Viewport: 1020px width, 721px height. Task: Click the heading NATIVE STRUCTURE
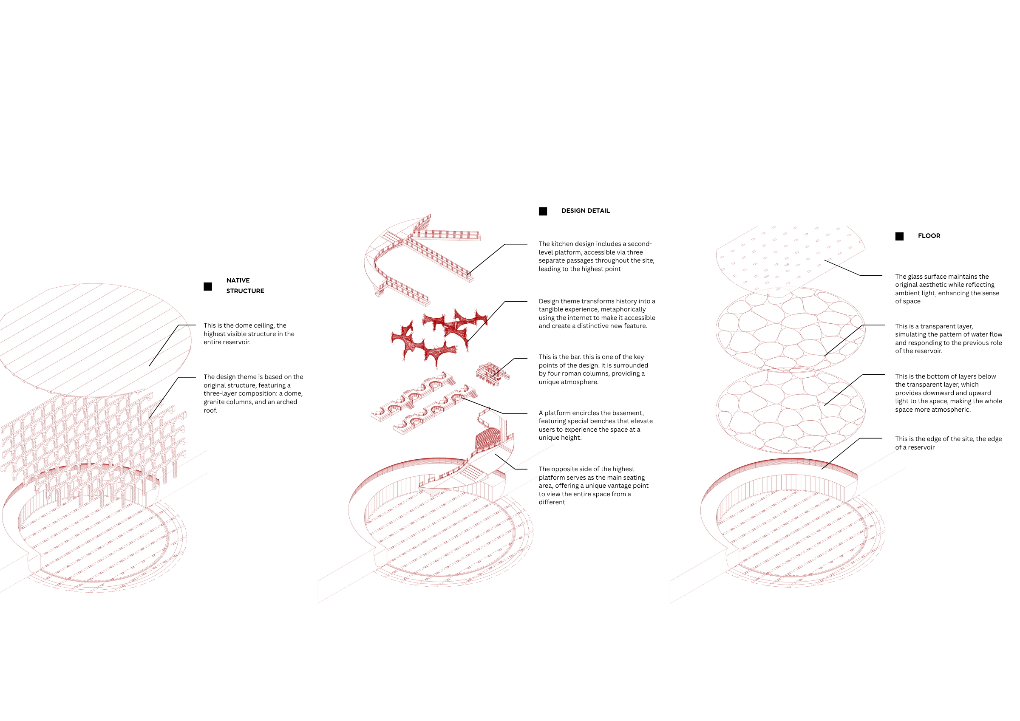[245, 286]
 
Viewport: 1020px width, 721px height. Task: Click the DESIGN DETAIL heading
[586, 211]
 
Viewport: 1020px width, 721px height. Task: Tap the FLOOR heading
[929, 236]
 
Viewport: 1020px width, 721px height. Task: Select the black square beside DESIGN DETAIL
[543, 212]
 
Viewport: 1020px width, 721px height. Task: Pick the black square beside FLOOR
[899, 236]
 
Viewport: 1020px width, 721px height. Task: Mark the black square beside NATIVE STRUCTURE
[207, 286]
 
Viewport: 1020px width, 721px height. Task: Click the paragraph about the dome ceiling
[249, 334]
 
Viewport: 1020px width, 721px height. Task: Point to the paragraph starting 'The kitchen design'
[597, 256]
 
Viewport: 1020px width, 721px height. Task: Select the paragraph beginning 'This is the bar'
[594, 369]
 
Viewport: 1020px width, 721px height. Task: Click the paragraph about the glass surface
[947, 289]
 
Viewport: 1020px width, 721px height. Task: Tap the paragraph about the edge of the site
[949, 443]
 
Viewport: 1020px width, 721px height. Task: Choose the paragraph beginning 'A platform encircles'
[596, 425]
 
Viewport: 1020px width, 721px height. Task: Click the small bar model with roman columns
[492, 374]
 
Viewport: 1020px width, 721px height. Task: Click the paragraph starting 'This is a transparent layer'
[949, 339]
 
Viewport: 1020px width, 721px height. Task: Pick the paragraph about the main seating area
[594, 486]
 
